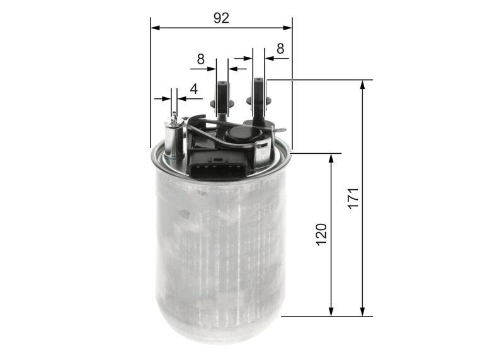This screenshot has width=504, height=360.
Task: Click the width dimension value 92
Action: [x=221, y=18]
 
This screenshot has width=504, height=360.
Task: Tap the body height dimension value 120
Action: [x=321, y=234]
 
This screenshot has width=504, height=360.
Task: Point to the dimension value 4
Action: [x=194, y=89]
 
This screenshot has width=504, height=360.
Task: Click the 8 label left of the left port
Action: [x=200, y=59]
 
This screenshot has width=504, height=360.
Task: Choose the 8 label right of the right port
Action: [x=280, y=48]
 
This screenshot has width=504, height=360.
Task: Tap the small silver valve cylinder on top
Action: [x=173, y=138]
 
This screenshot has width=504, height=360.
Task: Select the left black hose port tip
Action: [x=222, y=86]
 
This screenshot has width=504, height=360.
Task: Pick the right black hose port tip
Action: [x=258, y=83]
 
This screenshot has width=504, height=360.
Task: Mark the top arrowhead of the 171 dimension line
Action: [x=362, y=84]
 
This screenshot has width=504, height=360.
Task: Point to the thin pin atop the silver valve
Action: [x=174, y=117]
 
